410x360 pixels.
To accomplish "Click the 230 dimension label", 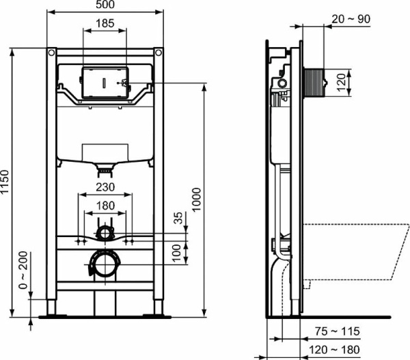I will pos(104,186).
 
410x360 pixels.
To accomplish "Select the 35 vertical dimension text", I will pos(179,219).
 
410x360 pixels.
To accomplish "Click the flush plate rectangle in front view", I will pos(104,83).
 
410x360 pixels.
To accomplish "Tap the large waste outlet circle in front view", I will pos(104,263).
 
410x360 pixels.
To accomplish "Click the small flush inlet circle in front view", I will pos(104,234).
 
